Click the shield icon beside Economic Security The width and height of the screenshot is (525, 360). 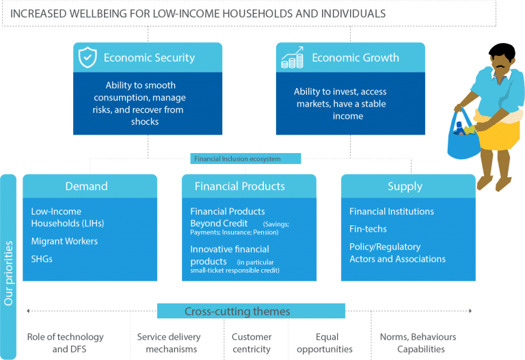pyautogui.click(x=87, y=57)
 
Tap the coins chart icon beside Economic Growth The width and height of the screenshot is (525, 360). pyautogui.click(x=293, y=57)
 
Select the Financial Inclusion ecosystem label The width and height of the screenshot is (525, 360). pyautogui.click(x=237, y=159)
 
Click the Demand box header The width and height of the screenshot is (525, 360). pyautogui.click(x=90, y=186)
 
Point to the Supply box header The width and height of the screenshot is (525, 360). pyautogui.click(x=408, y=186)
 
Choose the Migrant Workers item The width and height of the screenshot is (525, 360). pyautogui.click(x=64, y=241)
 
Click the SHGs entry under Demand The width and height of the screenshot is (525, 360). pyautogui.click(x=42, y=259)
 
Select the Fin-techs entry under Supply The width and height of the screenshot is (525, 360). pyautogui.click(x=368, y=229)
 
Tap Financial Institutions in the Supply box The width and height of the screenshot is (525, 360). pyautogui.click(x=392, y=212)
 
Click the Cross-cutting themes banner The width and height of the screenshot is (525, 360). pyautogui.click(x=251, y=311)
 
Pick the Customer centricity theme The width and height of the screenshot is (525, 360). pyautogui.click(x=252, y=343)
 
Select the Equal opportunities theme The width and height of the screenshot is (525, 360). pyautogui.click(x=325, y=343)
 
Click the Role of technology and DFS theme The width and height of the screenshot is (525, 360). pyautogui.click(x=66, y=343)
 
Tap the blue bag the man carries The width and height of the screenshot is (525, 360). pyautogui.click(x=463, y=137)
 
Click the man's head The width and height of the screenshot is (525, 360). pyautogui.click(x=501, y=57)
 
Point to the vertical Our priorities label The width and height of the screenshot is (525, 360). pyautogui.click(x=8, y=273)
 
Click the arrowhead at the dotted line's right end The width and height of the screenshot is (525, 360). pyautogui.click(x=470, y=311)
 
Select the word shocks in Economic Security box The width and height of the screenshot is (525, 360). pyautogui.click(x=145, y=122)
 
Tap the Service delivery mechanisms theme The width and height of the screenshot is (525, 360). pyautogui.click(x=169, y=343)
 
